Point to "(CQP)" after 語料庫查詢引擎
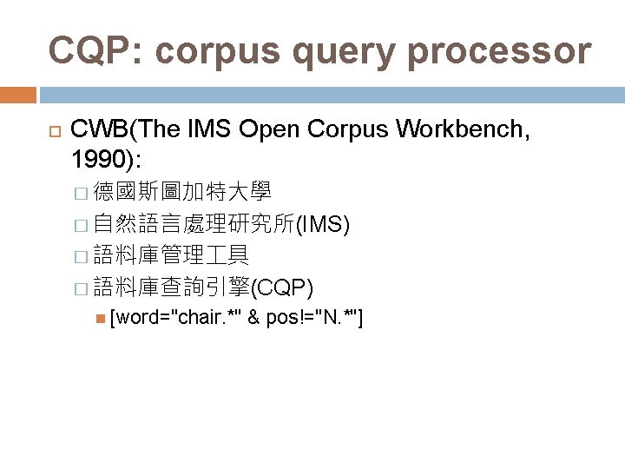tap(286, 287)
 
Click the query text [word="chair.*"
tap(175, 318)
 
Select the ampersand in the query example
tap(254, 318)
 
